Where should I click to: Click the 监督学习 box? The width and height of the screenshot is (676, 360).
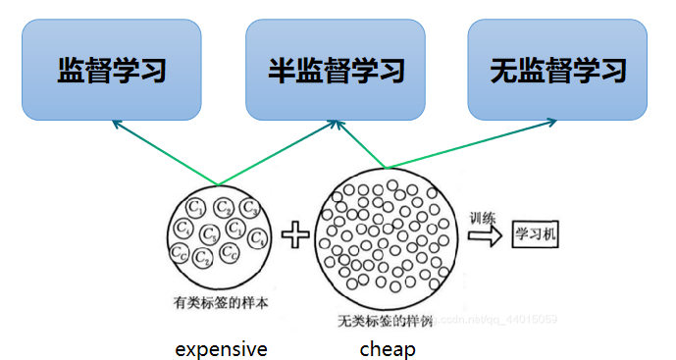111,70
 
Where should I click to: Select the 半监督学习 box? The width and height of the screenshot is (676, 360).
336,70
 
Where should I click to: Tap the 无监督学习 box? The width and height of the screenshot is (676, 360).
557,70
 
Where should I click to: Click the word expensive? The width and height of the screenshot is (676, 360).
221,349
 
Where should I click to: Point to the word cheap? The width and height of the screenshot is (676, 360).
388,349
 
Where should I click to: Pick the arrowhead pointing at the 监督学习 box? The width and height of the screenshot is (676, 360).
116,123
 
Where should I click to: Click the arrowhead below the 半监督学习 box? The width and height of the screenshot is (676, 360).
336,124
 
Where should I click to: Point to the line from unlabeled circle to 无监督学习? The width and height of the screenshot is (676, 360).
471,144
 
